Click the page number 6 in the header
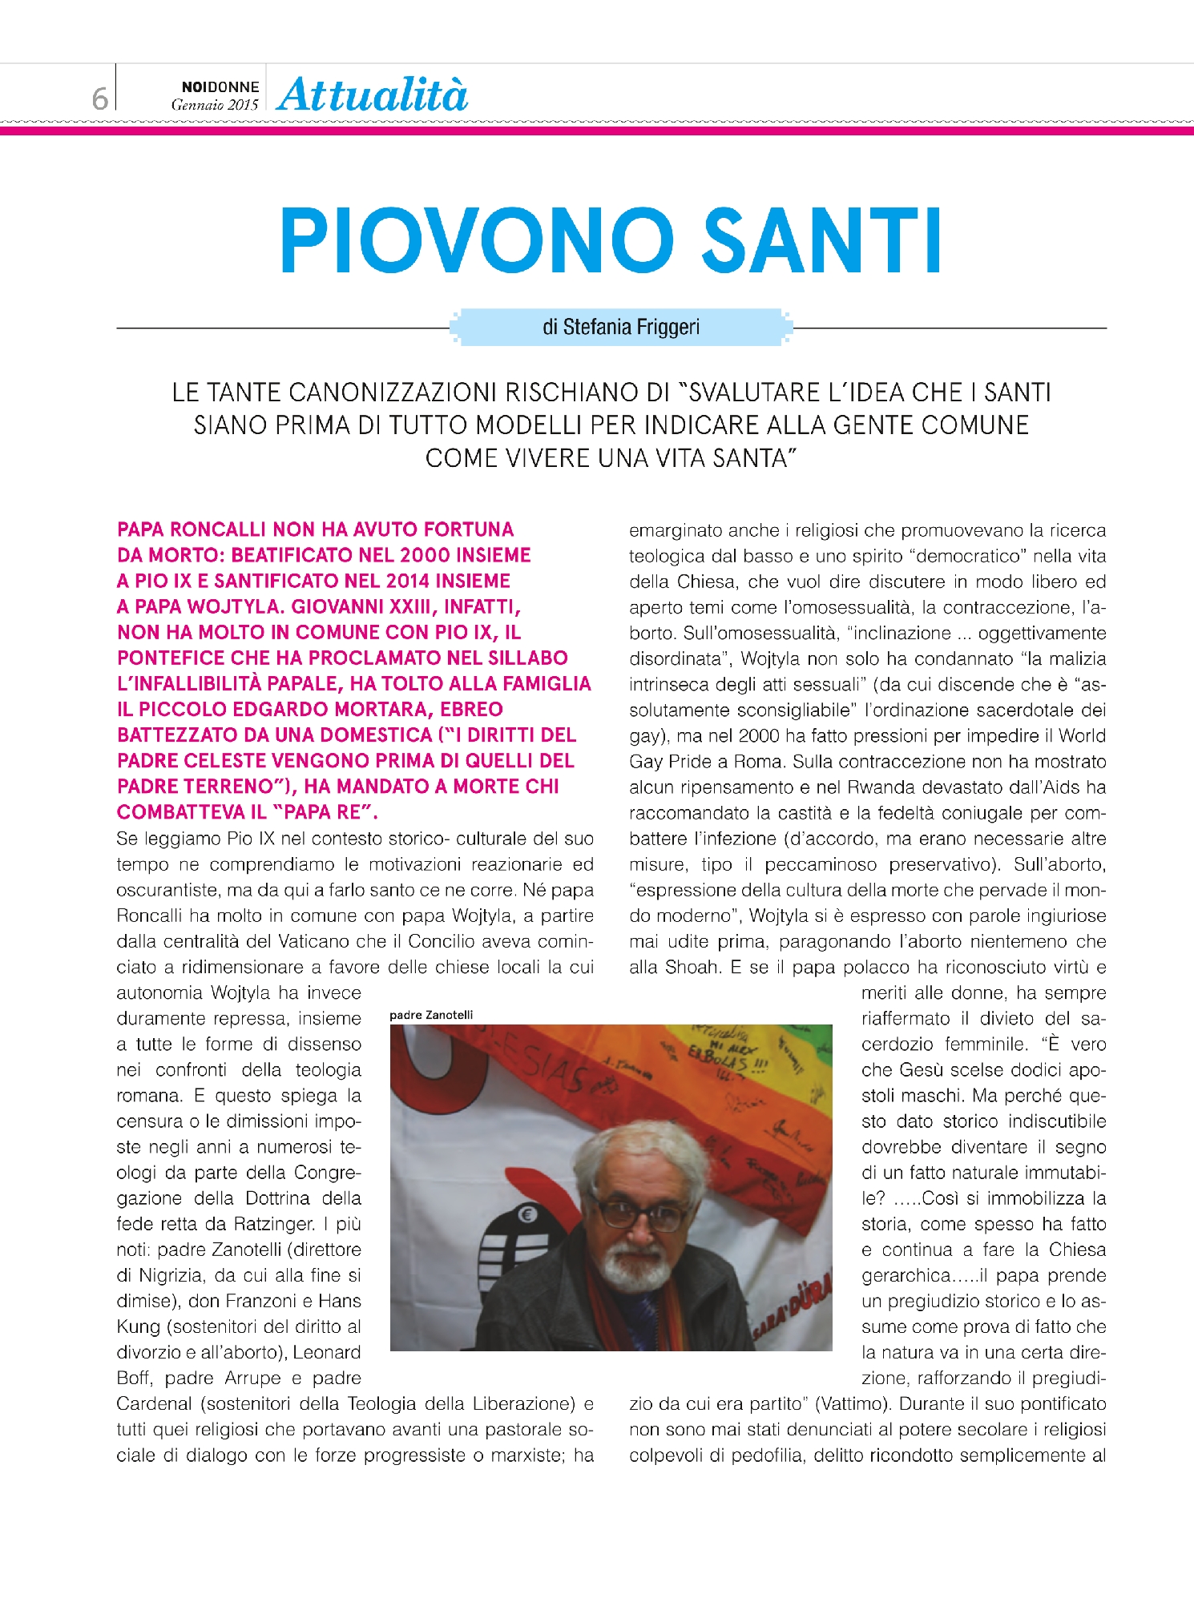pos(99,99)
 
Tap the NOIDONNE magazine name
pos(220,87)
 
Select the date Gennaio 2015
pos(215,105)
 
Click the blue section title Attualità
pos(373,95)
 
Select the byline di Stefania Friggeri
pos(621,327)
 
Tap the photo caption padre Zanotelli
pos(431,1015)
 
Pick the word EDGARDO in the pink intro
pos(344,710)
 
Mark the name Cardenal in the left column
pos(154,1403)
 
